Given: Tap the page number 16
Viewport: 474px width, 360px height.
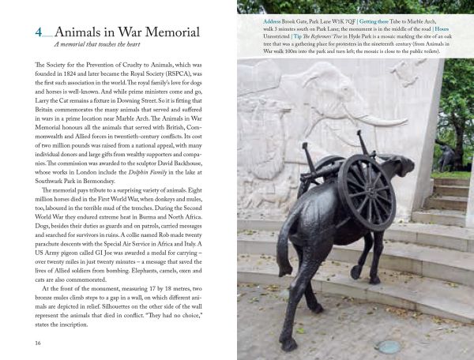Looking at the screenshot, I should (38, 343).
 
